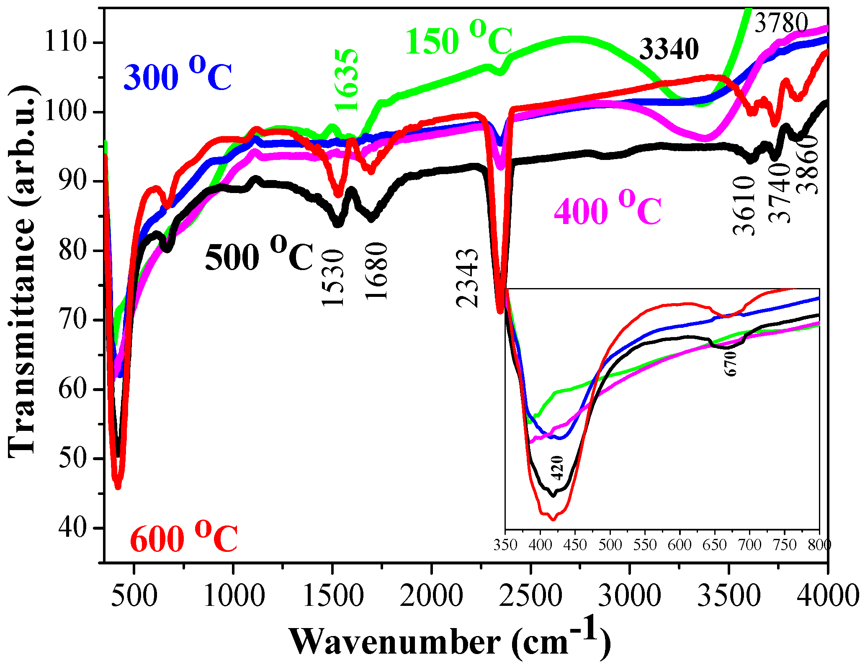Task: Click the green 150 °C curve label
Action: [x=458, y=40]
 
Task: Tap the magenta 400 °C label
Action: [x=607, y=209]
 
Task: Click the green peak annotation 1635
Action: [x=347, y=80]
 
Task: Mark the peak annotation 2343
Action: [x=467, y=278]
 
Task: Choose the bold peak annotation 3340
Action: [x=669, y=49]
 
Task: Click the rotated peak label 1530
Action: [x=333, y=278]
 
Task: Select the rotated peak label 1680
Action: [x=376, y=271]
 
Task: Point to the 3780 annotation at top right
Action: [x=781, y=23]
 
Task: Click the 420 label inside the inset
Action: [x=557, y=468]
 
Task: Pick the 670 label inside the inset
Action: [x=730, y=363]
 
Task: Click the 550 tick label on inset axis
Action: [x=645, y=545]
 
